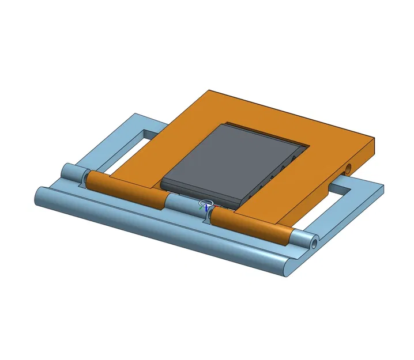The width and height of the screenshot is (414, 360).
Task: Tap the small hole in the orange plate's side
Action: point(348,168)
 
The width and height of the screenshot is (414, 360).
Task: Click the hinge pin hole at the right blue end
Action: point(314,243)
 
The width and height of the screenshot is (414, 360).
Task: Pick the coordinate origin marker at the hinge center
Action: point(206,205)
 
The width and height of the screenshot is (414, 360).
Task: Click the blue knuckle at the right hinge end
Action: point(303,238)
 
